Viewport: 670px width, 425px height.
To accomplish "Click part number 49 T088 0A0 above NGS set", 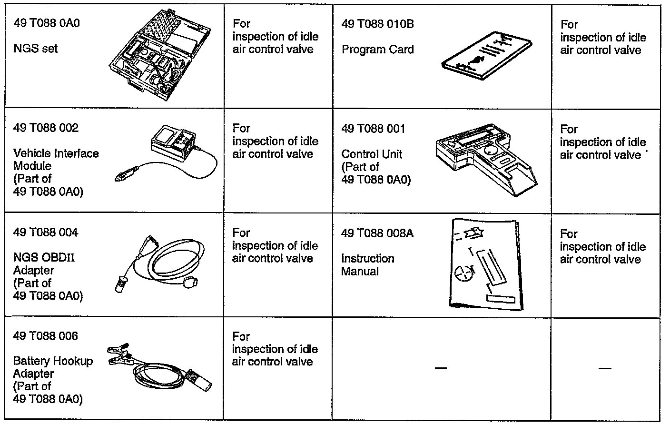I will pyautogui.click(x=46, y=23).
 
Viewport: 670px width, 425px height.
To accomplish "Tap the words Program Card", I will pyautogui.click(x=377, y=50).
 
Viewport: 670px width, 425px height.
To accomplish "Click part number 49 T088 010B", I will pyautogui.click(x=377, y=24).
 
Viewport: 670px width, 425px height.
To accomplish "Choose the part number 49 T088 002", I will pyautogui.click(x=46, y=128).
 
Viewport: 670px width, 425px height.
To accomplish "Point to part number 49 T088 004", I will pyautogui.click(x=46, y=233).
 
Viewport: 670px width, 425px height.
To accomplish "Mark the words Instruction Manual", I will pyautogui.click(x=367, y=265).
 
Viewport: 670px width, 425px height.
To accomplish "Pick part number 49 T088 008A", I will pyautogui.click(x=377, y=233).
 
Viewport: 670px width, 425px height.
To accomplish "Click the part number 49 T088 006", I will pyautogui.click(x=46, y=336).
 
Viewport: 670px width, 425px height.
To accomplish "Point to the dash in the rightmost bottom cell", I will pyautogui.click(x=605, y=368).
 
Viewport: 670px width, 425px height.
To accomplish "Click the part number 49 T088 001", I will pyautogui.click(x=373, y=129).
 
